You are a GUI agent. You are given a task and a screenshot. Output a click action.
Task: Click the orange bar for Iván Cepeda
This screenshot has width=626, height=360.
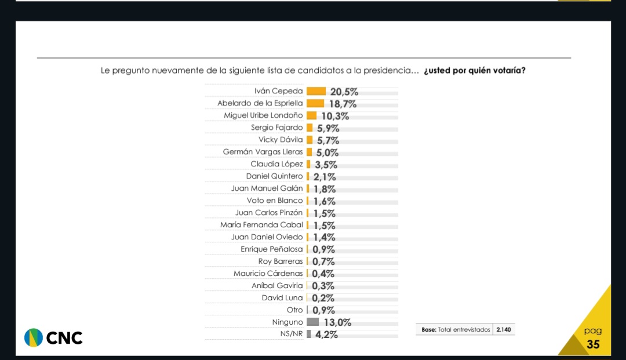tap(316, 91)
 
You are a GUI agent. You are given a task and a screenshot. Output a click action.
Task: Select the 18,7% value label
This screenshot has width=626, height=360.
tap(343, 104)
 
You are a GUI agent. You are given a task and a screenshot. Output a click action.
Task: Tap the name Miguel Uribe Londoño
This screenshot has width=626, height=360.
tap(263, 115)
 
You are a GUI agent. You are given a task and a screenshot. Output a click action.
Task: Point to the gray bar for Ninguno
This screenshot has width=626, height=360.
tap(312, 322)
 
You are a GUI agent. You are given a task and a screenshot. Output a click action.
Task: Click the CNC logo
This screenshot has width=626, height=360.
tap(53, 337)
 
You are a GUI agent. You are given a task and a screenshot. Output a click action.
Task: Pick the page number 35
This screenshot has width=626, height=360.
tap(593, 344)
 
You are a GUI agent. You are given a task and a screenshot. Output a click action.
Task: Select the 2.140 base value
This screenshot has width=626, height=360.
tap(504, 330)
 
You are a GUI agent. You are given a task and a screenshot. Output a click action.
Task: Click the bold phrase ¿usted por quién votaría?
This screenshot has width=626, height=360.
tap(475, 71)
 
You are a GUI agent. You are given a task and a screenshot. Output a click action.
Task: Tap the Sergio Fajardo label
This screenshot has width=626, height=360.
tap(276, 128)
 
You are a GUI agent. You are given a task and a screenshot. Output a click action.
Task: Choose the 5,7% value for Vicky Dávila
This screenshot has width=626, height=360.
tap(327, 140)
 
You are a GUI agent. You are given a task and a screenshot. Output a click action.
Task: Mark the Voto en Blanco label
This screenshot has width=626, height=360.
tap(275, 201)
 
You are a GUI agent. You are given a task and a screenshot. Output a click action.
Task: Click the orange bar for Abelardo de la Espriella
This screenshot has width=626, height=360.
tap(315, 103)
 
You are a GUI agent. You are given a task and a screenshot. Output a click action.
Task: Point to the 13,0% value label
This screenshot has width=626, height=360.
tap(337, 322)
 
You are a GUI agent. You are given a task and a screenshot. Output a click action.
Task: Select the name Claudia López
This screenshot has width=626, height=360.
tap(276, 164)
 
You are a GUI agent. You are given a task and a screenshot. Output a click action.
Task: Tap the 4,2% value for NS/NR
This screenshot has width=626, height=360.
tap(326, 334)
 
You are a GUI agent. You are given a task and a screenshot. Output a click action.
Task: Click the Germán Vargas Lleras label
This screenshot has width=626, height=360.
tap(263, 152)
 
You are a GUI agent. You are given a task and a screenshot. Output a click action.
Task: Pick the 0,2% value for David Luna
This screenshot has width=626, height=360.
tap(323, 298)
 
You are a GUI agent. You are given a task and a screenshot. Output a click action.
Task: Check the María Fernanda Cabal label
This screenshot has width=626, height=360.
tap(261, 225)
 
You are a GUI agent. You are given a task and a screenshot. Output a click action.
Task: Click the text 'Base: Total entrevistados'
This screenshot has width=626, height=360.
tap(456, 330)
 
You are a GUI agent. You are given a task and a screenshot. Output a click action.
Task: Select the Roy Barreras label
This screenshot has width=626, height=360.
tap(281, 261)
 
